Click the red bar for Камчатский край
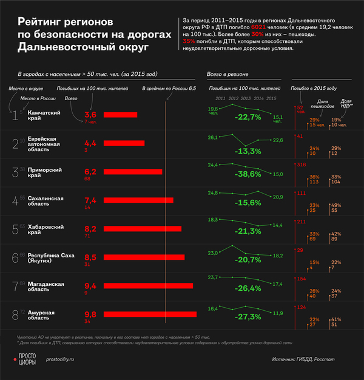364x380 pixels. pos(120,114)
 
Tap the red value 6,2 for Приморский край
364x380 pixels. pos(90,172)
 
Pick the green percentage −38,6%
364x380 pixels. pos(249,174)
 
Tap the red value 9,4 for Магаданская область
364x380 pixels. pos(90,285)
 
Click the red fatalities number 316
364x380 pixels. pos(303,165)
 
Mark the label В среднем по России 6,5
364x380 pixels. pos(170,89)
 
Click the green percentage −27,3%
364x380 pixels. pos(249,317)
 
